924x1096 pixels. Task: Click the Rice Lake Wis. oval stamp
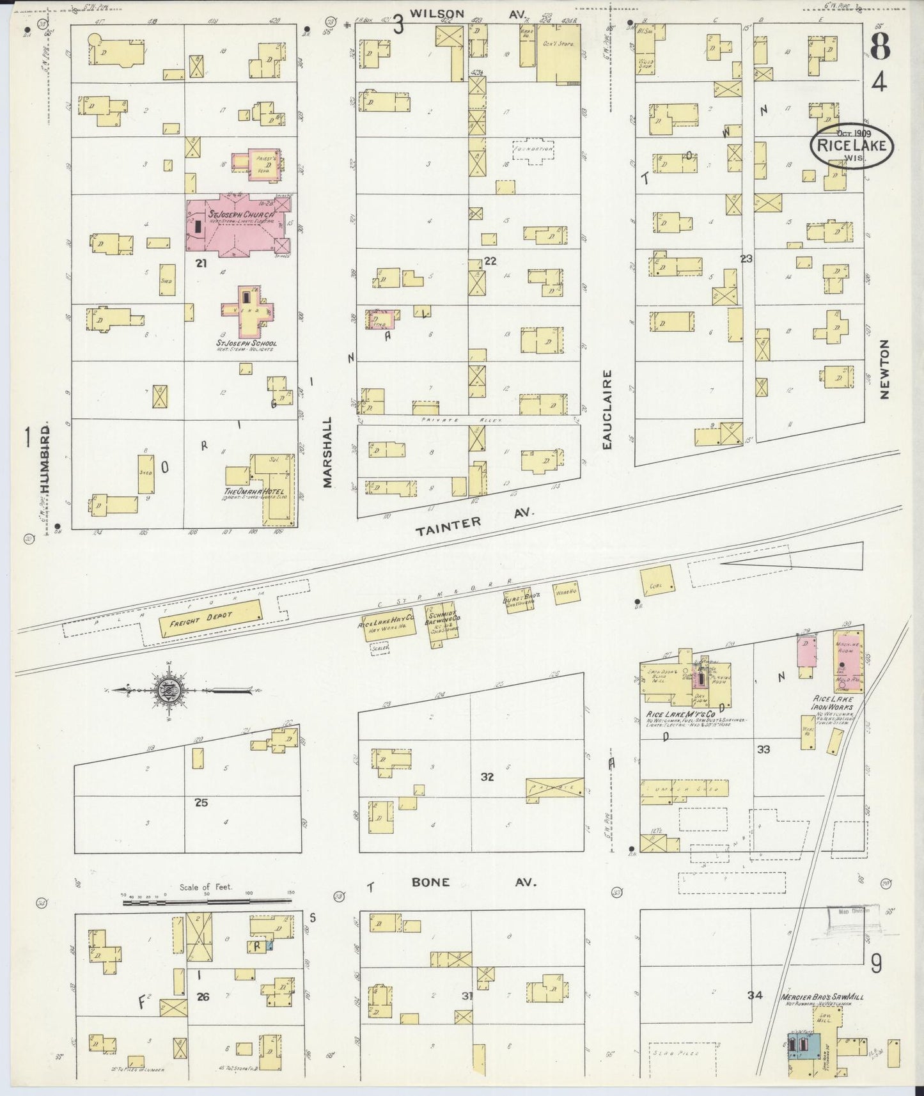(852, 146)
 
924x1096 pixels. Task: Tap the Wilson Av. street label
(467, 12)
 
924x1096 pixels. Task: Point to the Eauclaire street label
(607, 409)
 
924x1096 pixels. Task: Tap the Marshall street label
(328, 453)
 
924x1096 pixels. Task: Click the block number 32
(487, 777)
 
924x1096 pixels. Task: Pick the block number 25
(201, 802)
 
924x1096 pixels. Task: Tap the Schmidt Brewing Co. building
(446, 629)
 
